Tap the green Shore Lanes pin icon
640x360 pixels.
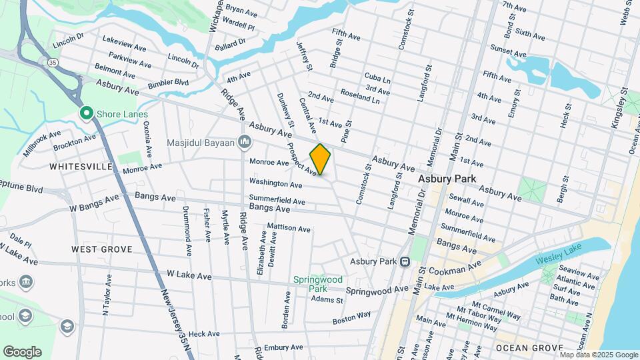pyautogui.click(x=86, y=114)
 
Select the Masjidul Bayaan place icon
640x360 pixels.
pyautogui.click(x=244, y=143)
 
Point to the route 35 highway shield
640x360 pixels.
pyautogui.click(x=51, y=62)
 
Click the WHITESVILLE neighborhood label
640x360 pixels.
pyautogui.click(x=81, y=167)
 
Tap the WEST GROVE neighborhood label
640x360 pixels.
pyautogui.click(x=101, y=249)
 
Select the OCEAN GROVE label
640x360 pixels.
pyautogui.click(x=529, y=348)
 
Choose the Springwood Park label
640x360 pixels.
pyautogui.click(x=317, y=284)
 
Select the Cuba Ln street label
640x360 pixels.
pyautogui.click(x=377, y=78)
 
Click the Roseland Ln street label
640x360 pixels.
pyautogui.click(x=359, y=97)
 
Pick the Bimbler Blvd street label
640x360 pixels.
pyautogui.click(x=167, y=82)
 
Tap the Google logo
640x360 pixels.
pyautogui.click(x=22, y=351)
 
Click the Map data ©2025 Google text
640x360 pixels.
pyautogui.click(x=598, y=355)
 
